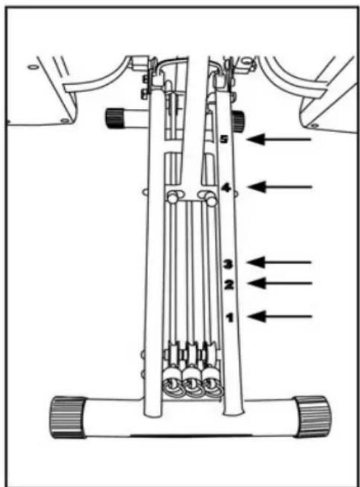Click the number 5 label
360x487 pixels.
tap(223, 139)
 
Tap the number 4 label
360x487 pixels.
tap(226, 187)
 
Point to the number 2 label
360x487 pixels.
tap(227, 285)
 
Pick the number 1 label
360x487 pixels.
tap(229, 317)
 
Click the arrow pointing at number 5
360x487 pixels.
tap(280, 140)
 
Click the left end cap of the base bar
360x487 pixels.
tap(68, 416)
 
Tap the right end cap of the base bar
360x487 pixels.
tap(312, 416)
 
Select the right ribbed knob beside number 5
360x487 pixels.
tap(239, 121)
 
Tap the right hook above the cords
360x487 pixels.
tap(210, 196)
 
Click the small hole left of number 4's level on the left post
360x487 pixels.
tap(144, 192)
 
